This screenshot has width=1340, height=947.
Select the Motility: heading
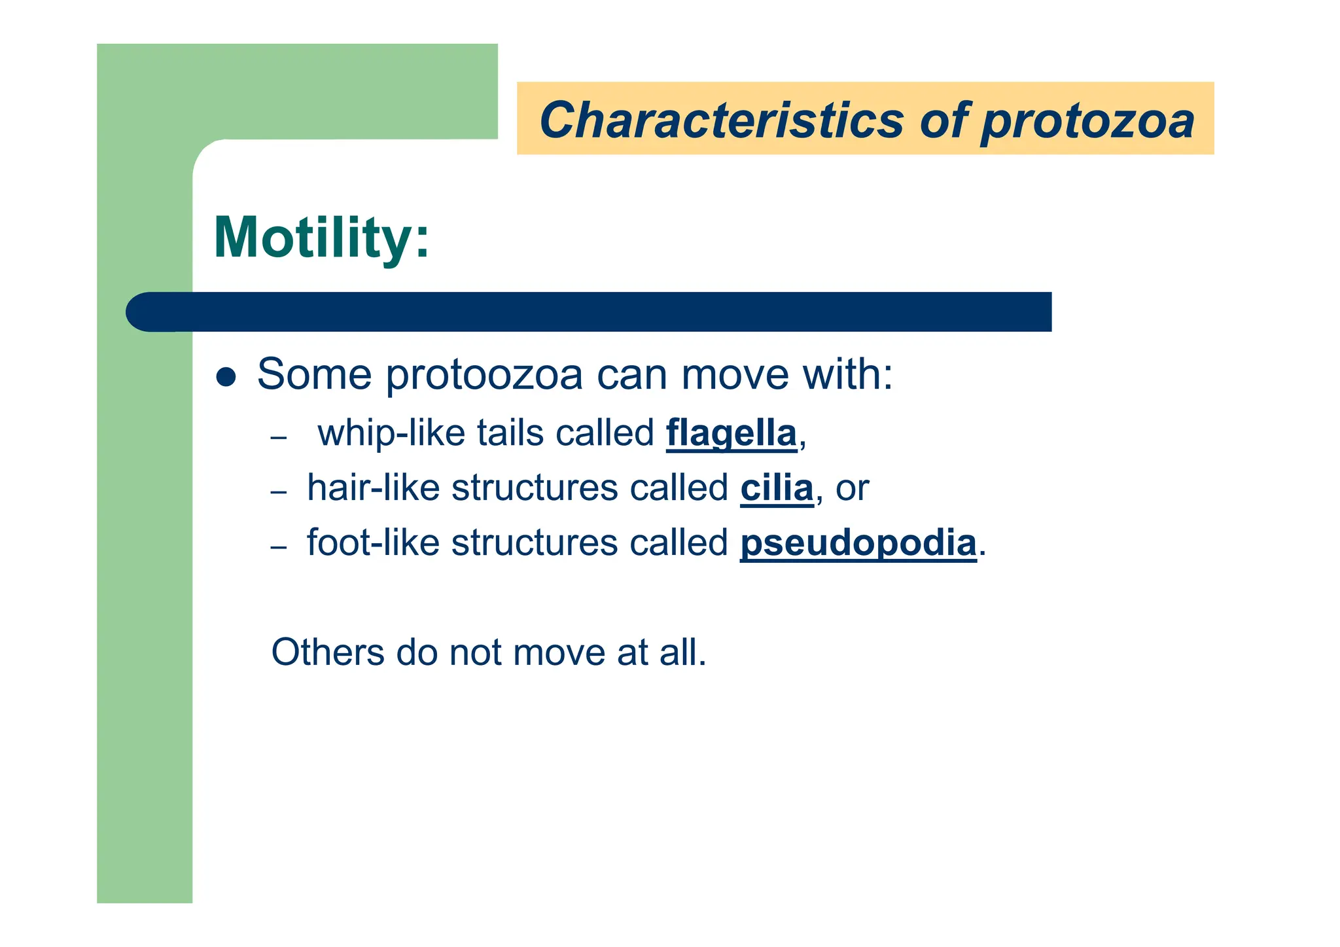(321, 237)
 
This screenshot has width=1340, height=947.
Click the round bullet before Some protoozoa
(226, 377)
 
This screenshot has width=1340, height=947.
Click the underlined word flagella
(731, 433)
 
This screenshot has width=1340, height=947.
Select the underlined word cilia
(777, 488)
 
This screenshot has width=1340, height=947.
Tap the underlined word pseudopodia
(858, 543)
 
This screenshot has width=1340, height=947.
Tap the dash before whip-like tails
(279, 437)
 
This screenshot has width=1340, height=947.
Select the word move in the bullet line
(735, 375)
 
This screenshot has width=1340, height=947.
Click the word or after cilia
(852, 489)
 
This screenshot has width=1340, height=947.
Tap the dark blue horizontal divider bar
(589, 312)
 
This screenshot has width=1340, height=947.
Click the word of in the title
(942, 120)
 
